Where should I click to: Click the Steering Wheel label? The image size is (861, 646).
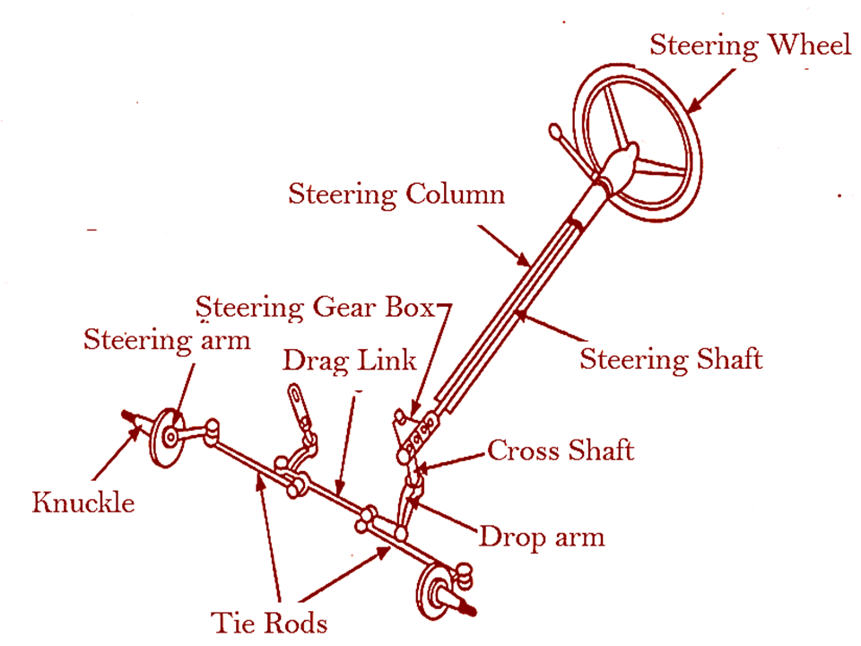(750, 45)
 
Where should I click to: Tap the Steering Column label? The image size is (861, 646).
(396, 194)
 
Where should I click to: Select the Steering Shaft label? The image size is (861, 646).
(671, 359)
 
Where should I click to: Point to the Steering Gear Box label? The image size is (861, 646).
(315, 307)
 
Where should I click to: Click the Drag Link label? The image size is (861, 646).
(350, 361)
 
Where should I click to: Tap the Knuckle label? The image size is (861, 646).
(83, 502)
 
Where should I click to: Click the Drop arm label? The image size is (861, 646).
(542, 537)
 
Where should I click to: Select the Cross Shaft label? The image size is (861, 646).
(560, 450)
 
